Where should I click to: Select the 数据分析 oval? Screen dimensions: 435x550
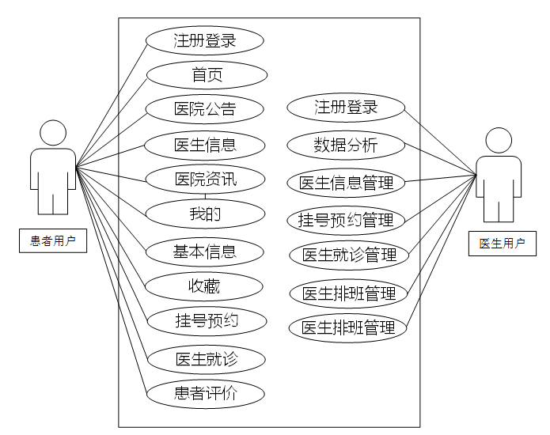coord(346,145)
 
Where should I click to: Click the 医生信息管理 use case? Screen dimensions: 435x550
coord(346,183)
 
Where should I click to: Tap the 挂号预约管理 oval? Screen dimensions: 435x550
coord(346,219)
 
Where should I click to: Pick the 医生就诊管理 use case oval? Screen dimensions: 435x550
coord(349,255)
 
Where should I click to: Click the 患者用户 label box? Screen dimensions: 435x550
coord(53,241)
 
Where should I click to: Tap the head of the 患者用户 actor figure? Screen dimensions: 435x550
coord(53,133)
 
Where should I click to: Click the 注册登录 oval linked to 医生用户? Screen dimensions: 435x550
coord(346,108)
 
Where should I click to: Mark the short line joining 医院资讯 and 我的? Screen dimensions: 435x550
coord(206,196)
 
